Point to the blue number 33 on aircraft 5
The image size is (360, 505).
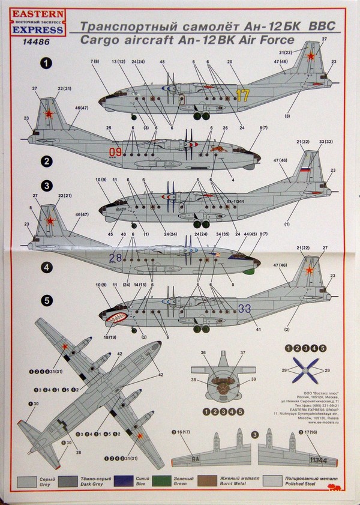(244, 309)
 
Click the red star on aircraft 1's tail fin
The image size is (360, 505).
(311, 57)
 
